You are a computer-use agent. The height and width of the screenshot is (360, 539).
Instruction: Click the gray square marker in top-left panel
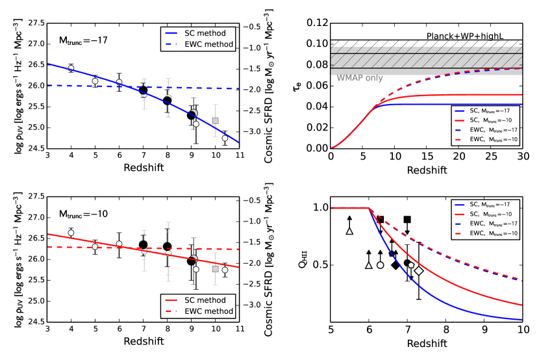(x=216, y=120)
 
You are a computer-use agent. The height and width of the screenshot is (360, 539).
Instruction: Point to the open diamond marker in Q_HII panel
(x=420, y=270)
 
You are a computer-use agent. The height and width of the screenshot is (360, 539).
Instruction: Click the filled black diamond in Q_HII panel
(x=395, y=265)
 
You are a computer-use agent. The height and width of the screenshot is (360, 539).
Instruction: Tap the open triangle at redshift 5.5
(x=350, y=230)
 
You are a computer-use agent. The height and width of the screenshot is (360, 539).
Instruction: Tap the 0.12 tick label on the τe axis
(x=317, y=23)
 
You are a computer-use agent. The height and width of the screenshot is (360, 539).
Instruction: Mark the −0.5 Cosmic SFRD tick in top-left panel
(x=254, y=27)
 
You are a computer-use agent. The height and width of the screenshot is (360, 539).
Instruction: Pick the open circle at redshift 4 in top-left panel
(x=71, y=68)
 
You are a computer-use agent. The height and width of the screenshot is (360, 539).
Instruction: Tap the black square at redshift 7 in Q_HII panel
(x=407, y=220)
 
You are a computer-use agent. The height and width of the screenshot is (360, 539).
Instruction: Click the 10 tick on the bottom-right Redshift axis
(x=523, y=330)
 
